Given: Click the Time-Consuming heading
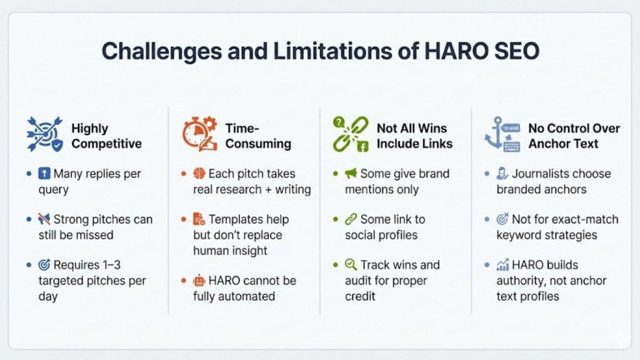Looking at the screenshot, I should [x=258, y=136].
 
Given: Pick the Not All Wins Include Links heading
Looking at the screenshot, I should [x=414, y=136].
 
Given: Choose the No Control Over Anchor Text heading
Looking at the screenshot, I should [x=574, y=136].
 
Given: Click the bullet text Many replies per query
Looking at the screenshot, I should [x=94, y=181].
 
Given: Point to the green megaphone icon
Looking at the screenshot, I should [x=350, y=174].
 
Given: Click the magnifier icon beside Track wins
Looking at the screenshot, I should [x=351, y=264].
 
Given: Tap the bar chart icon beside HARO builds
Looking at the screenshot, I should [x=502, y=265].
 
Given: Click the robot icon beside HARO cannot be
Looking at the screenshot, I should [x=199, y=280].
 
